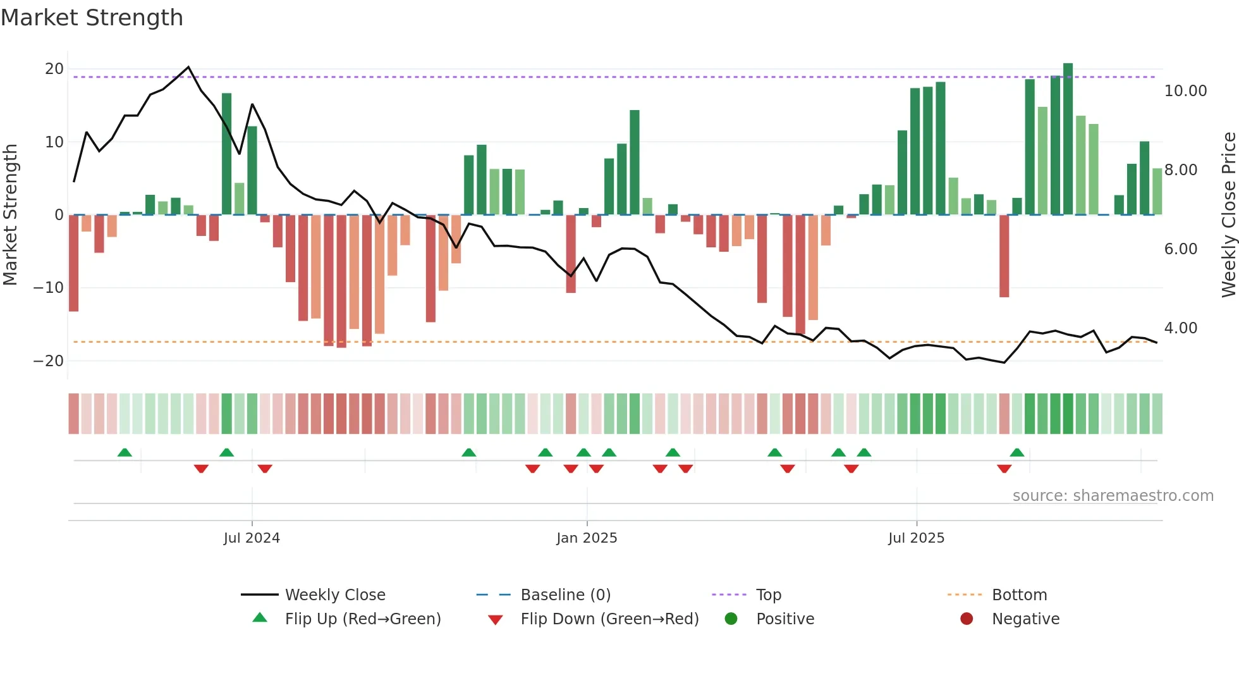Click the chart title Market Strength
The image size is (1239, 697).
point(92,18)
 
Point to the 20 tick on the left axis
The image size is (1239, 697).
point(54,69)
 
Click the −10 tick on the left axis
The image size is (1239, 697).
point(49,288)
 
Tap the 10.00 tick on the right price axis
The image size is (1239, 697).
point(1185,91)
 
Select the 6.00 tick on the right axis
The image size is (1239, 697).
point(1180,249)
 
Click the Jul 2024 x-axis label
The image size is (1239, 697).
point(252,538)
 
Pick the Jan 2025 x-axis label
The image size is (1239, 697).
point(587,538)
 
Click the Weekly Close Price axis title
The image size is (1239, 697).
point(1228,215)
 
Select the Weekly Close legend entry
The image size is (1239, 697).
point(334,595)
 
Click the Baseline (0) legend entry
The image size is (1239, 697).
point(565,595)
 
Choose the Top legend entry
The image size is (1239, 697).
point(768,595)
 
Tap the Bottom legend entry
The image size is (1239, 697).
point(1019,595)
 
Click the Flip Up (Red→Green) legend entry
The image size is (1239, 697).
point(362,619)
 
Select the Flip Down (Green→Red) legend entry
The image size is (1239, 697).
point(609,619)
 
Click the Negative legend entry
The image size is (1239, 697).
point(1025,619)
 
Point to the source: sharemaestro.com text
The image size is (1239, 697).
point(1113,496)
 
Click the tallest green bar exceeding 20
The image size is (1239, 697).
point(1068,139)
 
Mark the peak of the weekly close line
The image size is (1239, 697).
point(188,67)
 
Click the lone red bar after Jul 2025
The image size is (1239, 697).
point(1004,256)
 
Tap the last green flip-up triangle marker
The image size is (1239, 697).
point(1016,453)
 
